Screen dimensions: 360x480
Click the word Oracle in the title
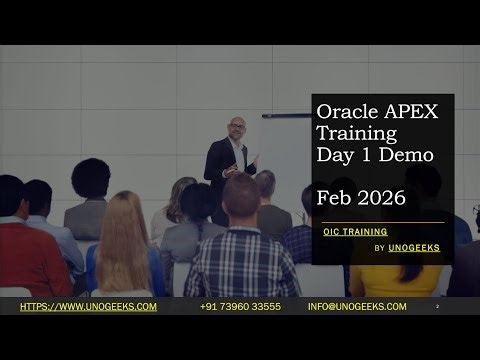click(x=345, y=111)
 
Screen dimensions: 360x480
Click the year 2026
click(x=379, y=197)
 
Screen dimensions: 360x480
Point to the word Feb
click(x=332, y=197)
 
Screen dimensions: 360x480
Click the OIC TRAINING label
click(x=355, y=231)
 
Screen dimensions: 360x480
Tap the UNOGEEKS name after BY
click(x=414, y=248)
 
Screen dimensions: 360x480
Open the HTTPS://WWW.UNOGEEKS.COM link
click(x=88, y=306)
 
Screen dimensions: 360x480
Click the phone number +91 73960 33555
click(x=240, y=306)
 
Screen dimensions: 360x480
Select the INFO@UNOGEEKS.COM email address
click(x=357, y=306)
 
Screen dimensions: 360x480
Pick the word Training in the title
click(x=356, y=133)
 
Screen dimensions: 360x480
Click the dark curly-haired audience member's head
click(x=91, y=178)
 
